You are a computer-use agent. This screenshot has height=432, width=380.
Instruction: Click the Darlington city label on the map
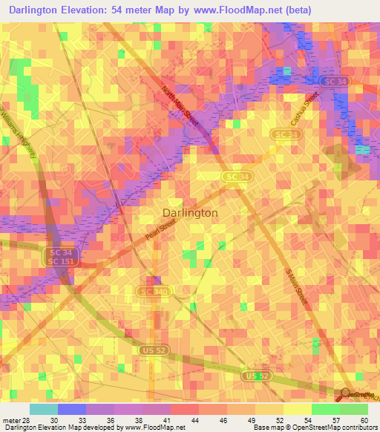click(189, 212)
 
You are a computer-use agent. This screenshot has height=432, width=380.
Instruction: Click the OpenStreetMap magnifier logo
click(344, 396)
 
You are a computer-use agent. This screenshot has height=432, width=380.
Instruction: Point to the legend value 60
click(364, 420)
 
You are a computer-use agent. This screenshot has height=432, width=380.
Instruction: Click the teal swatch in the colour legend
click(44, 409)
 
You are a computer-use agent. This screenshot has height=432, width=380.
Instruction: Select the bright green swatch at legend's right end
click(353, 409)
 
